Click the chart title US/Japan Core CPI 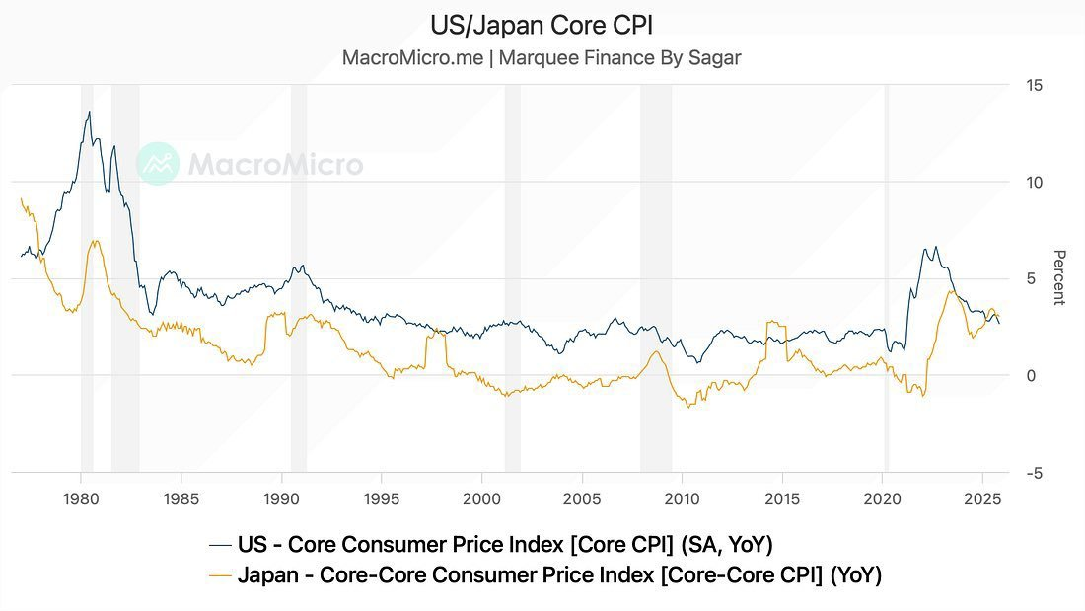542,24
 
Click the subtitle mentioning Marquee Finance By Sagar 542,57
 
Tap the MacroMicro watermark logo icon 158,164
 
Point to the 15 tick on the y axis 1034,86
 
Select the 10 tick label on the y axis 1034,183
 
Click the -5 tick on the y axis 1034,474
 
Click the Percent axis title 1059,277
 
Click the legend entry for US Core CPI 490,544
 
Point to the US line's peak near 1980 89,112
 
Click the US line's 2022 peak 935,247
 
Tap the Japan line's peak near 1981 95,241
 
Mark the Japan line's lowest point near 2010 688,407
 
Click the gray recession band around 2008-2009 656,276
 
